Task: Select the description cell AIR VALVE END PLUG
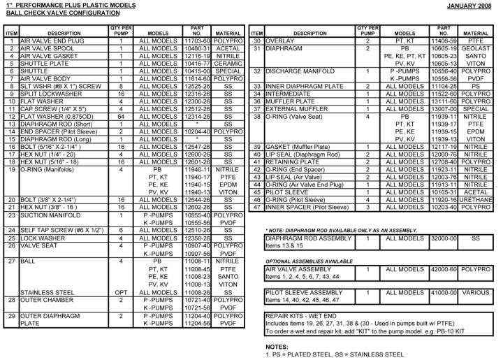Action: [x=51, y=42]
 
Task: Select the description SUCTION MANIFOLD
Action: [x=52, y=215]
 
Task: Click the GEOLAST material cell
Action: [x=475, y=49]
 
